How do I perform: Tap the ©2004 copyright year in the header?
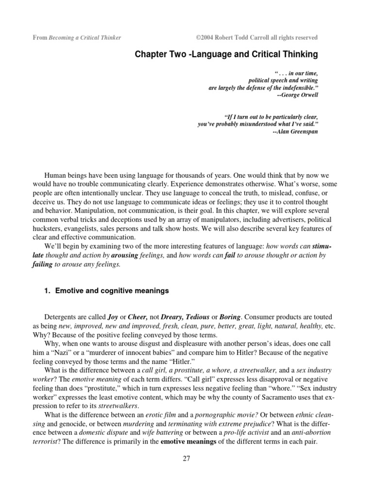tap(204, 37)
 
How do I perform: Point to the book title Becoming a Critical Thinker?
tap(85, 37)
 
